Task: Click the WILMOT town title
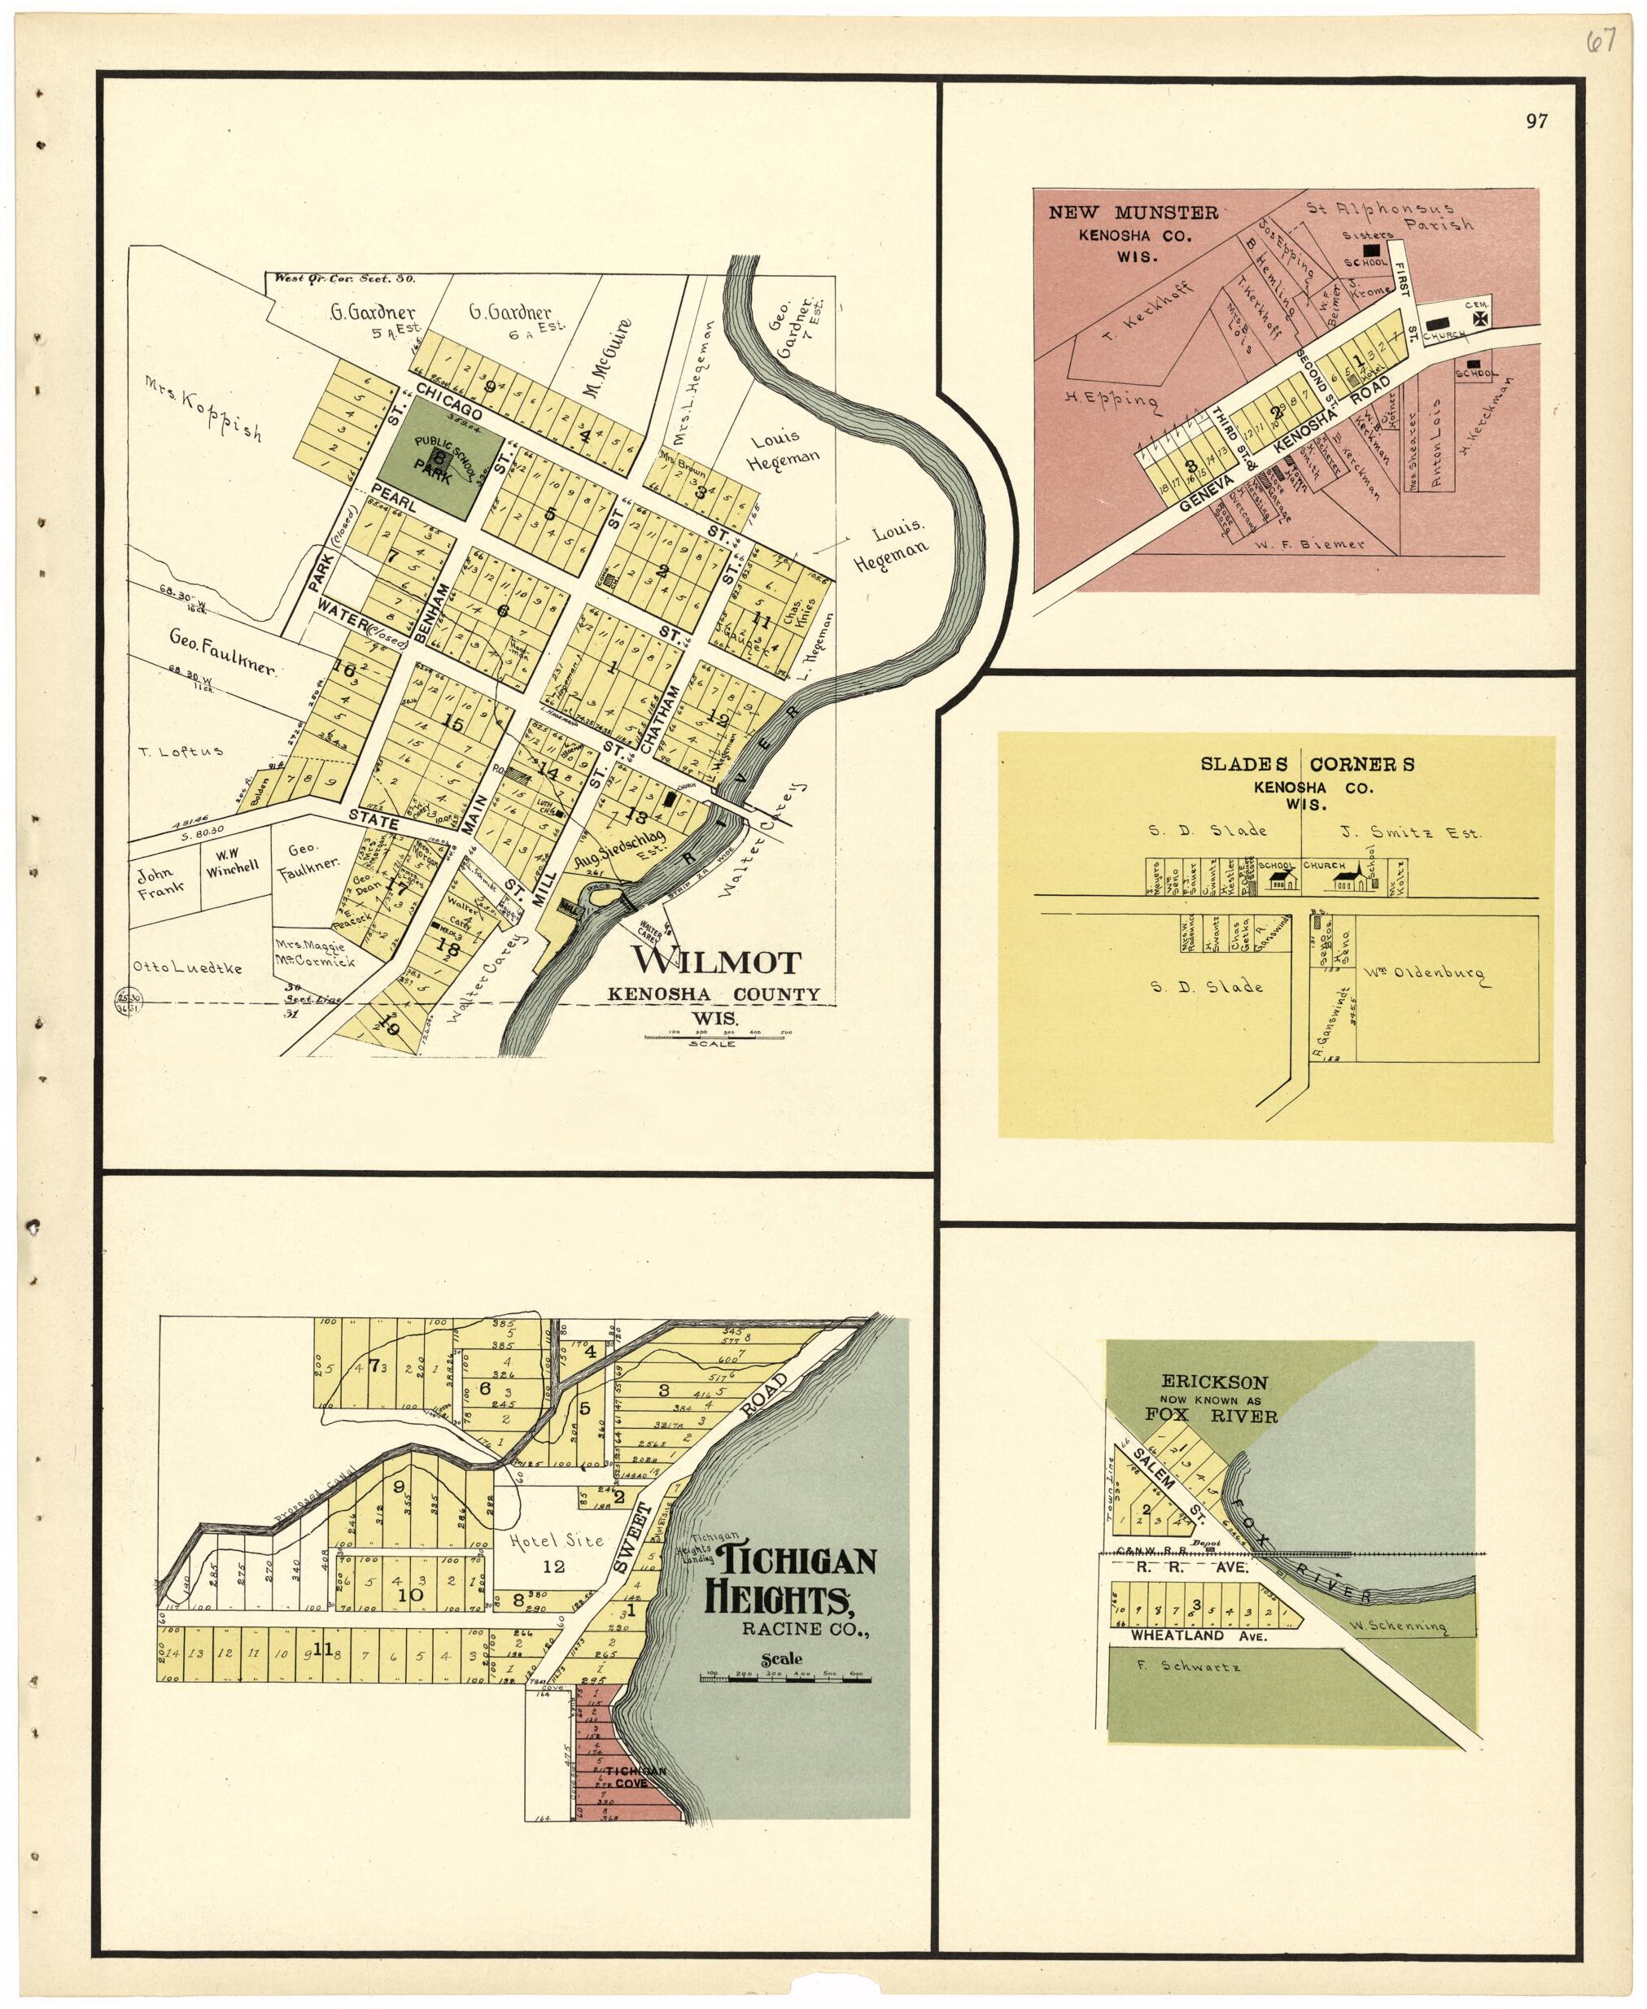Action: [716, 961]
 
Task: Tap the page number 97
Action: [1536, 121]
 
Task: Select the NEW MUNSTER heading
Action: [1133, 212]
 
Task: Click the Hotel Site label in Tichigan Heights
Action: [556, 1540]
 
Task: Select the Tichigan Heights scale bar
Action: [785, 1679]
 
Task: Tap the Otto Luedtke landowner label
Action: [188, 967]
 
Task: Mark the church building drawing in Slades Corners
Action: [1353, 881]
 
